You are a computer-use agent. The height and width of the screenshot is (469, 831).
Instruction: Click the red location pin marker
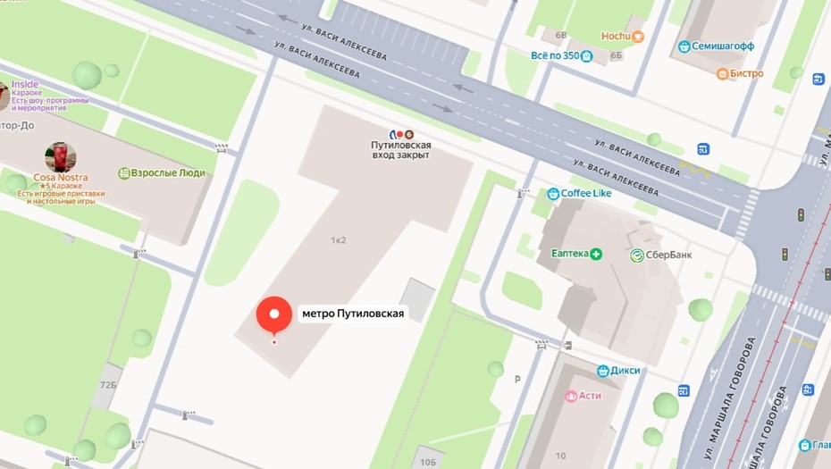[274, 314]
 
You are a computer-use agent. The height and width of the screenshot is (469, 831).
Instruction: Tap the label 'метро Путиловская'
[353, 314]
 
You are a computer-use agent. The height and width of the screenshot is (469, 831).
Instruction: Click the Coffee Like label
[585, 193]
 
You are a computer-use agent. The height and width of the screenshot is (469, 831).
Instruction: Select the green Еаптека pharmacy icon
[596, 254]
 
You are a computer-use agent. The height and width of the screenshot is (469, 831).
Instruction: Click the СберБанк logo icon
[638, 255]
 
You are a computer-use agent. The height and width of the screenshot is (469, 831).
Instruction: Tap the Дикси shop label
[625, 370]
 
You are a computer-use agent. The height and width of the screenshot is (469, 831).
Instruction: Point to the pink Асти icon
[571, 396]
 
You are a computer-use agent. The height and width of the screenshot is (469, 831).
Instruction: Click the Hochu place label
[617, 37]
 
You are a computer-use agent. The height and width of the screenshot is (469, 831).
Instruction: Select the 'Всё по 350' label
[555, 55]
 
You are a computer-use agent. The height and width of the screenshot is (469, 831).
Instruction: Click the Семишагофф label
[724, 46]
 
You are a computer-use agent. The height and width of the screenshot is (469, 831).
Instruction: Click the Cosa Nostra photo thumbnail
[60, 157]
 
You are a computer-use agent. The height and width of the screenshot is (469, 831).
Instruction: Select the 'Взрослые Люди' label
[168, 173]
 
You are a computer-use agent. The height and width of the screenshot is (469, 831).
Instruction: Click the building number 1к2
[338, 240]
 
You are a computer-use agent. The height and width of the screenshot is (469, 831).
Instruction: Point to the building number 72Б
[108, 384]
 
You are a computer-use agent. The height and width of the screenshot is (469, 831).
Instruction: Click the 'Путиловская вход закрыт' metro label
[400, 149]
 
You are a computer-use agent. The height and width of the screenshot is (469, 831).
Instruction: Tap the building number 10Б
[428, 461]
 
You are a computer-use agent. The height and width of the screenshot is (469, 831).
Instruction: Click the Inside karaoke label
[25, 85]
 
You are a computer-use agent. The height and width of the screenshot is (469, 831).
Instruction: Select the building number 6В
[561, 36]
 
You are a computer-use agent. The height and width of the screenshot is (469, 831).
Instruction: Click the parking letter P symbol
[517, 379]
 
